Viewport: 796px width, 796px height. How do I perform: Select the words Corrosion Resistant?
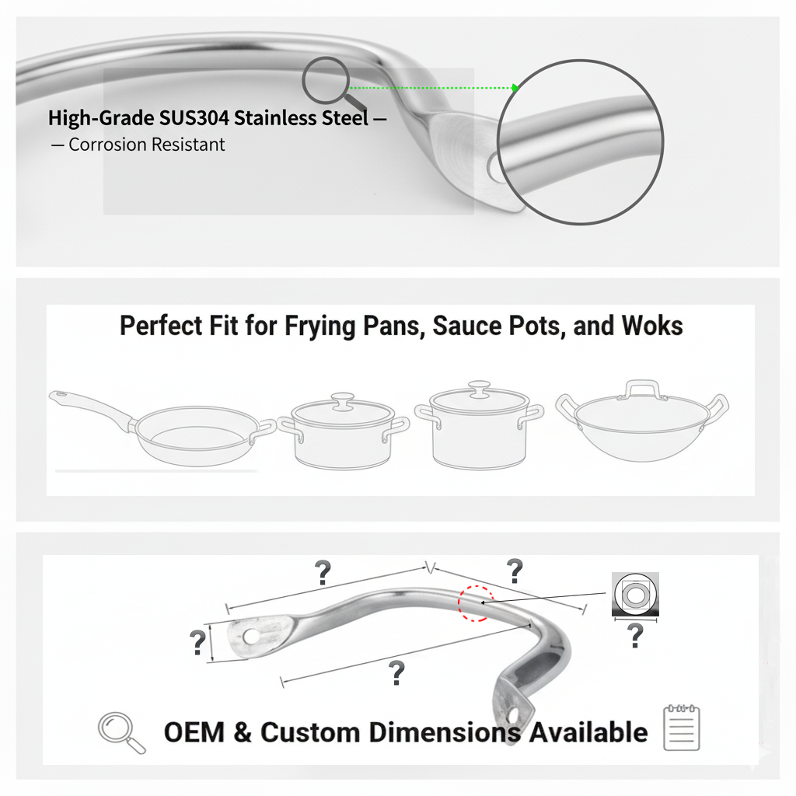click(146, 145)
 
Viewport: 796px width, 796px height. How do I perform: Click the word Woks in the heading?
click(651, 326)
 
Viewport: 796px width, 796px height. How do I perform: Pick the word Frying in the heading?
click(314, 326)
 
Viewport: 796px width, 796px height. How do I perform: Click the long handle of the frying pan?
click(89, 406)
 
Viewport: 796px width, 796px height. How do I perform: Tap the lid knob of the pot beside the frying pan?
click(341, 400)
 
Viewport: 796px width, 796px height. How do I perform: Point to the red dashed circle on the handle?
click(476, 602)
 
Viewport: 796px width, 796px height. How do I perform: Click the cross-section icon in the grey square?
click(635, 595)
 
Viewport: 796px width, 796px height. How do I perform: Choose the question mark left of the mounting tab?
click(197, 643)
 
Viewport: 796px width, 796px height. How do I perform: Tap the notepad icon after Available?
click(682, 728)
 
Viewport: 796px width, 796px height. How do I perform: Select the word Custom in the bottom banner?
click(311, 732)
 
